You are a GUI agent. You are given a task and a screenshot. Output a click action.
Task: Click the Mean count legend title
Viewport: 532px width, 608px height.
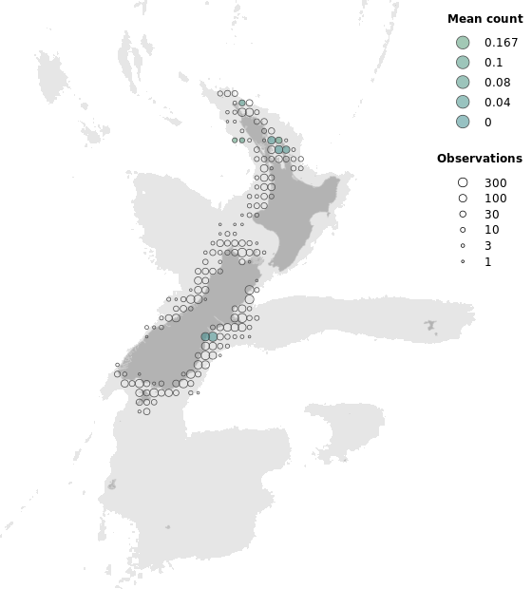[x=484, y=19]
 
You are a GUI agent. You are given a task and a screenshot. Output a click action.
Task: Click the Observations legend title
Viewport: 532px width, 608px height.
[x=479, y=159]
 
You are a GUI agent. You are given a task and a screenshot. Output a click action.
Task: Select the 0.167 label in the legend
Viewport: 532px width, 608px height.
[x=501, y=43]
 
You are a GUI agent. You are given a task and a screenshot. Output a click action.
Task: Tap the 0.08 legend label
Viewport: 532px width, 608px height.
[x=497, y=83]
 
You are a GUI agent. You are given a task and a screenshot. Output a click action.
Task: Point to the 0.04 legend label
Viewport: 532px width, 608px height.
[x=497, y=103]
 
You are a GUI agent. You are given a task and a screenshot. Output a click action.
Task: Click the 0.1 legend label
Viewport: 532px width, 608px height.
[x=493, y=63]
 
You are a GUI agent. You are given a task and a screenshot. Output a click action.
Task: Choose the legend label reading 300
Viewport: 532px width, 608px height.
[x=495, y=182]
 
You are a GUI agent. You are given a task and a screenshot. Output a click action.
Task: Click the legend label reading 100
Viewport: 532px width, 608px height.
[x=495, y=199]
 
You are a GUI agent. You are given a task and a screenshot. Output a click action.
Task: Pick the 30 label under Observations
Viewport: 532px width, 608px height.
[x=491, y=215]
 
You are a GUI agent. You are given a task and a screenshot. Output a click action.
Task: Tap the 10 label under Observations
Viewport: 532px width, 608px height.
[x=491, y=230]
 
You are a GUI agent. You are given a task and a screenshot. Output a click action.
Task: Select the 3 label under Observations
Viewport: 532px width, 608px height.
[x=487, y=246]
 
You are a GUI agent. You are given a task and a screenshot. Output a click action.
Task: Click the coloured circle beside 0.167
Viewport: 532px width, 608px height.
[x=463, y=43]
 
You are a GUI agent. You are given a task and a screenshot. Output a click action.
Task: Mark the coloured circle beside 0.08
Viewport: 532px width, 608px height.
[x=463, y=83]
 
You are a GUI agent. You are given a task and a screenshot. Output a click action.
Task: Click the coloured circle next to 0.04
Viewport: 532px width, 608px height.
[x=463, y=103]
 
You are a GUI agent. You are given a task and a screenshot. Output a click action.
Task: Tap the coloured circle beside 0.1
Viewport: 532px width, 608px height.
[x=463, y=63]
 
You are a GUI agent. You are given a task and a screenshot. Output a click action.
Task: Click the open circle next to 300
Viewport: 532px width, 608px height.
[x=463, y=182]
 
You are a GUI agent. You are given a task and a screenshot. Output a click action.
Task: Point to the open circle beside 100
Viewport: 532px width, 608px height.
[x=463, y=199]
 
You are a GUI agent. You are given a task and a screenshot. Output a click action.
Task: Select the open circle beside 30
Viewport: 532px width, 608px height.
[x=463, y=215]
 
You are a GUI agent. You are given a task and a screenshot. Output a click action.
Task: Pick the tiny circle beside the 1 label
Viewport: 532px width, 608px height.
[x=463, y=261]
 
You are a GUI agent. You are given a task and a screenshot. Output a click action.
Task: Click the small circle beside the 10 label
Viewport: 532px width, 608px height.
[x=463, y=230]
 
